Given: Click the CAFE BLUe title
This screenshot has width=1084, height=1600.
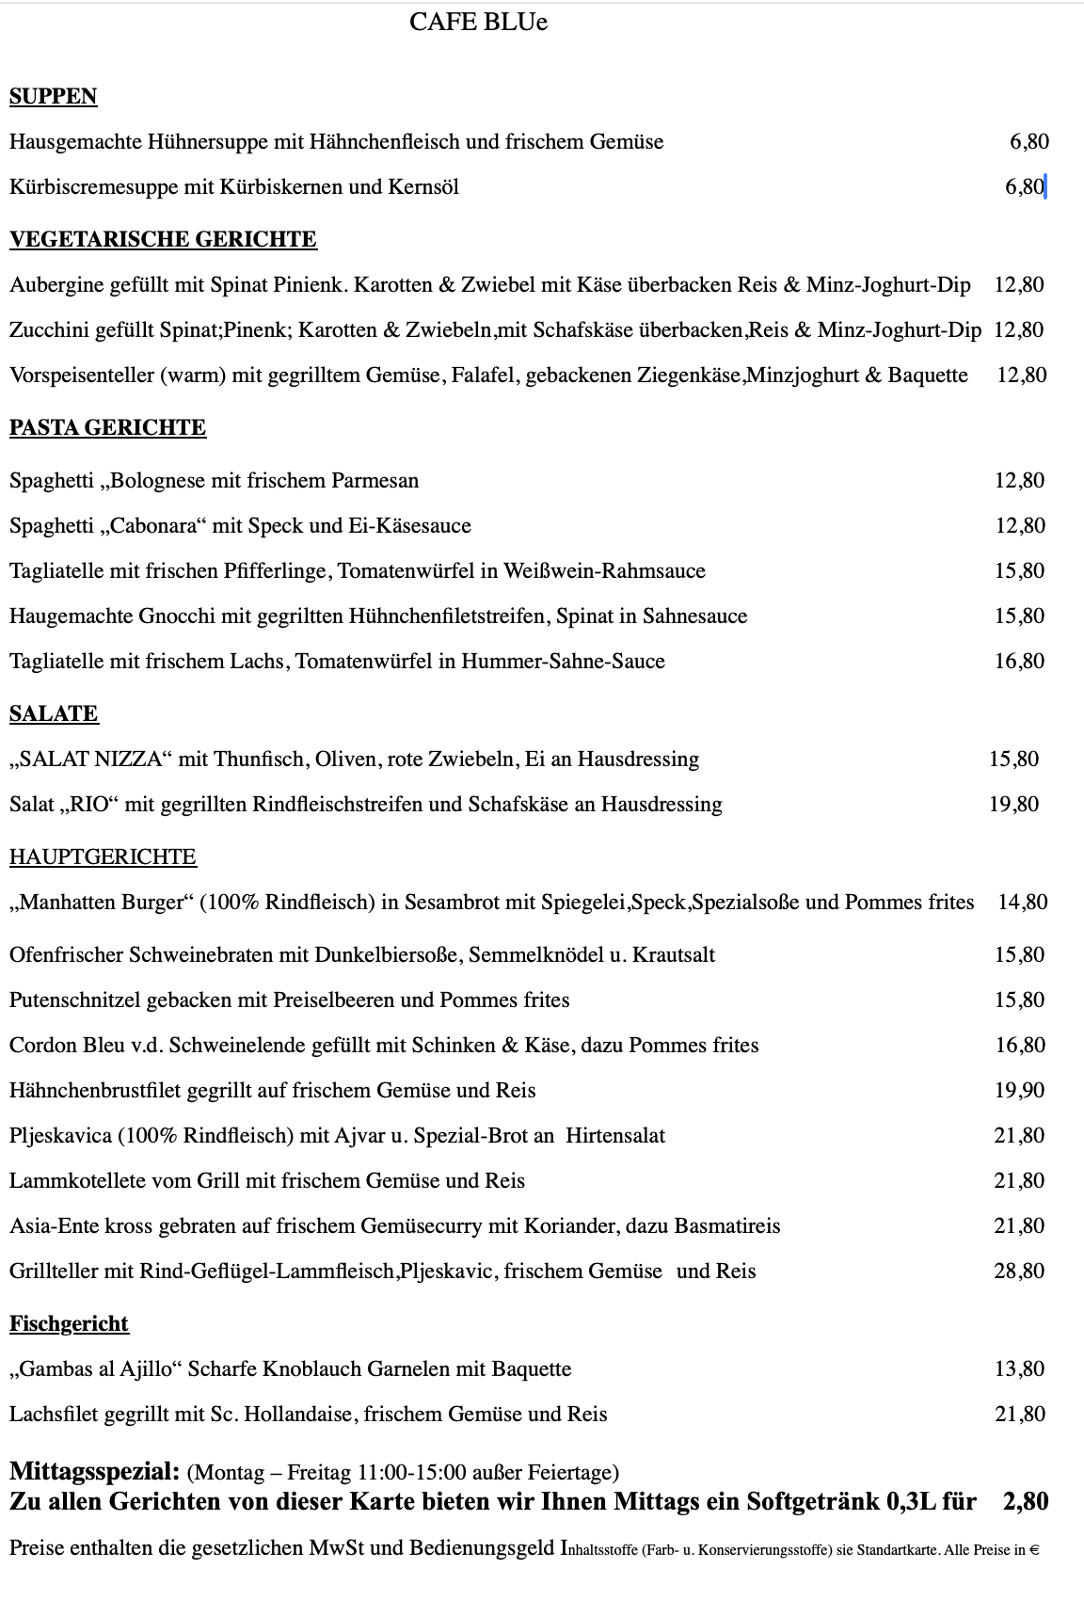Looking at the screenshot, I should tap(478, 23).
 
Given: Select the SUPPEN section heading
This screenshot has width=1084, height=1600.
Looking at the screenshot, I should tap(54, 97).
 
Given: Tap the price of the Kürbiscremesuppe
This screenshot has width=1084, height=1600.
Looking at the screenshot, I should tap(1025, 187).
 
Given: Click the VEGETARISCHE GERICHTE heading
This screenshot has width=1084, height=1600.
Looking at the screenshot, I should tap(163, 240).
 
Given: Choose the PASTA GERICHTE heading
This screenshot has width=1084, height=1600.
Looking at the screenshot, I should tap(107, 428).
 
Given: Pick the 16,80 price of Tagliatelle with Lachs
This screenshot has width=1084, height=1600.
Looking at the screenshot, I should tap(1019, 662).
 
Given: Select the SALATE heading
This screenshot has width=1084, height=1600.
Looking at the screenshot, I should tap(54, 714).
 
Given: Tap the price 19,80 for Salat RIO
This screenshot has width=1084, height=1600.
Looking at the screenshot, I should tap(1013, 805).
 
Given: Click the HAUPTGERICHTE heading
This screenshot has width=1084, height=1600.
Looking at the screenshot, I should tap(103, 857).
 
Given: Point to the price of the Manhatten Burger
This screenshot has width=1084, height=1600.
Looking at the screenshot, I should tap(1022, 903).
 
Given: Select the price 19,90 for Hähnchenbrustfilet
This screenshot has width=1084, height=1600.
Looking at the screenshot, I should tap(1019, 1091).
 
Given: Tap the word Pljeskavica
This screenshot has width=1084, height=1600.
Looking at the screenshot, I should tap(60, 1136).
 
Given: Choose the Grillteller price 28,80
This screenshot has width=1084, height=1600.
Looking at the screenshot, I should tap(1019, 1272).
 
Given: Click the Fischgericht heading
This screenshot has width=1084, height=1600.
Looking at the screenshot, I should tap(69, 1324).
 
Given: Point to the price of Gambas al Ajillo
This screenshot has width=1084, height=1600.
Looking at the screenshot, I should tap(1019, 1369).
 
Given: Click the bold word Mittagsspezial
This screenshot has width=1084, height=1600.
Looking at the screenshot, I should tap(94, 1471).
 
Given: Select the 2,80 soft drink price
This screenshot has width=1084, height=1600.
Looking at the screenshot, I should tap(1025, 1501).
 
